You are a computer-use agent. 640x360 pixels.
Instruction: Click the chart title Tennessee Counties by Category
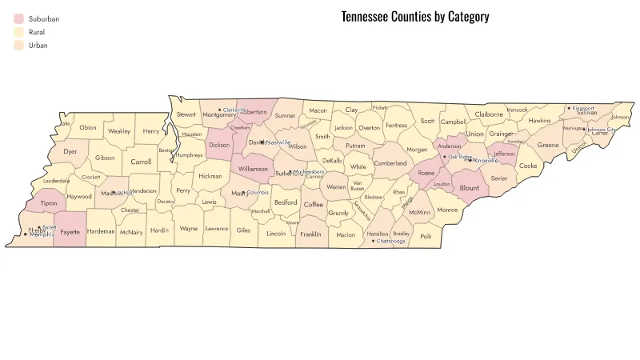click(x=414, y=17)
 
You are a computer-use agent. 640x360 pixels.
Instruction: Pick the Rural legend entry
click(x=36, y=32)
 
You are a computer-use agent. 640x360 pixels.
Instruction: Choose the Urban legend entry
click(x=38, y=46)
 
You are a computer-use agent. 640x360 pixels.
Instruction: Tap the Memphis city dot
click(x=25, y=234)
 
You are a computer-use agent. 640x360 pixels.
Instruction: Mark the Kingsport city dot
click(x=569, y=108)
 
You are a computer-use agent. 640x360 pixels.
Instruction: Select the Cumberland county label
click(x=390, y=163)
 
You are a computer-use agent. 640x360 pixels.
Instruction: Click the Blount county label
click(x=470, y=189)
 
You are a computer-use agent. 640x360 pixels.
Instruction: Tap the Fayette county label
click(x=70, y=231)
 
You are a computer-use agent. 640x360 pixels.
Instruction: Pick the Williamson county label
click(x=253, y=169)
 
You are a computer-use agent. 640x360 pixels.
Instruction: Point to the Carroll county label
click(x=141, y=161)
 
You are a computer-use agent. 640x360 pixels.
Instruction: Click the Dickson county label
click(x=218, y=146)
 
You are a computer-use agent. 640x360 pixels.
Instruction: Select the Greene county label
click(x=548, y=145)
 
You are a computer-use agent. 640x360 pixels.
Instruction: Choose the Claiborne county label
click(x=489, y=114)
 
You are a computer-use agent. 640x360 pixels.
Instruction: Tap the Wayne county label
click(x=189, y=229)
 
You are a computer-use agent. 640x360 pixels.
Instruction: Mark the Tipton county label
click(x=48, y=204)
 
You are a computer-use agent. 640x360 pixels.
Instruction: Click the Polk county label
click(x=426, y=236)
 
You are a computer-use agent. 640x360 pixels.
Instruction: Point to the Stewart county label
click(x=186, y=114)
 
